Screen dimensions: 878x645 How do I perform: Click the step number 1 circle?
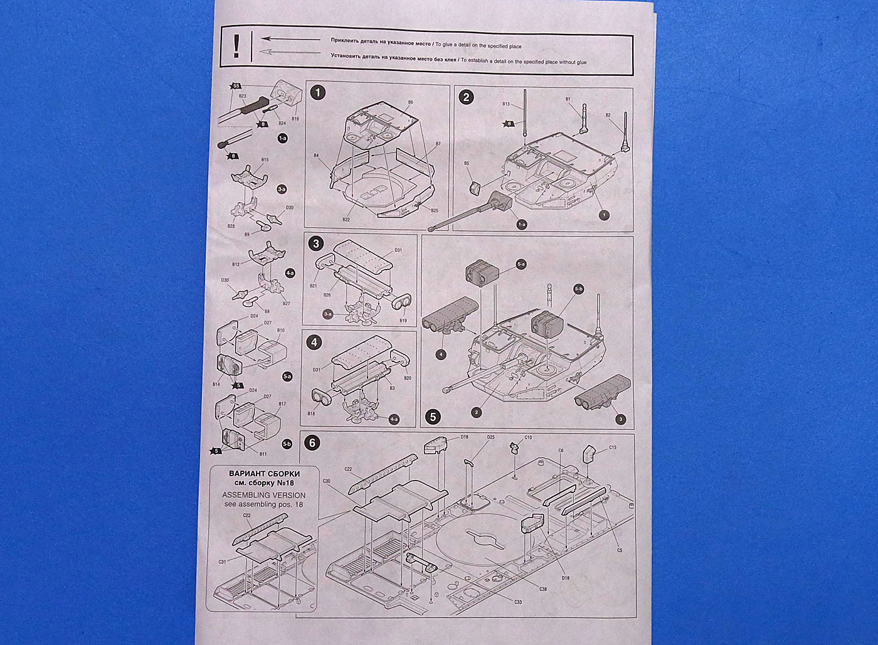319,93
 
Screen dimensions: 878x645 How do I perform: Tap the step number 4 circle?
315,343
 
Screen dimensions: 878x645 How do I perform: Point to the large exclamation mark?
236,46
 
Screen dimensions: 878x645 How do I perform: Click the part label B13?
506,104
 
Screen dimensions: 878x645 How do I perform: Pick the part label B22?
346,220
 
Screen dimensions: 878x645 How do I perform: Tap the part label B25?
435,210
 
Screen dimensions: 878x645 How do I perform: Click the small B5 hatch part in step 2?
475,187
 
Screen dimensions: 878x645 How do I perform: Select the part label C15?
613,448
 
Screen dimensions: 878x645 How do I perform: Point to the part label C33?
518,602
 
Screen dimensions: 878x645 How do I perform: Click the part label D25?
491,437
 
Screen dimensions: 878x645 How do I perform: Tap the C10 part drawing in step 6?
515,447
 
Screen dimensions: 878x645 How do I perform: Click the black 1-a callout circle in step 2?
522,223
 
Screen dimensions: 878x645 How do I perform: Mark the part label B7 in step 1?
438,144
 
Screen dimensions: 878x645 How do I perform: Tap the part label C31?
222,562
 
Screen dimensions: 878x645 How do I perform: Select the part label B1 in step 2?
568,99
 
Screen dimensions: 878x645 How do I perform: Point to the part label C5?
619,550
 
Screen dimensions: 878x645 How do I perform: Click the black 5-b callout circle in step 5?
579,289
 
